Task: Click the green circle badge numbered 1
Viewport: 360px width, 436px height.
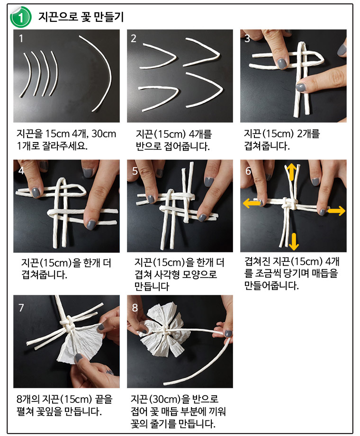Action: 20,17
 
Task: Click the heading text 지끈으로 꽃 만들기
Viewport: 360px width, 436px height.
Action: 81,17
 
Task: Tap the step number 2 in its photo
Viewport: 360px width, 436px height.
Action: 134,38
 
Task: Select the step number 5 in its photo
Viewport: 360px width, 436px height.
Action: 135,171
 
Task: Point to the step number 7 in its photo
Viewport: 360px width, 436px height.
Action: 21,308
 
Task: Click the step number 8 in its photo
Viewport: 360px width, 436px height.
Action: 135,308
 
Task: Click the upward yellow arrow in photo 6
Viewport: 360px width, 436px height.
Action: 292,171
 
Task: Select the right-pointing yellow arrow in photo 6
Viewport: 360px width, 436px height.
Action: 336,211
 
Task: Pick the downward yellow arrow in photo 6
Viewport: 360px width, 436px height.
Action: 294,241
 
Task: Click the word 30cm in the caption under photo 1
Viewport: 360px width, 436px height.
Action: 104,134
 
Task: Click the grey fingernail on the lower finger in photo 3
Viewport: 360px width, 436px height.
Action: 301,88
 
